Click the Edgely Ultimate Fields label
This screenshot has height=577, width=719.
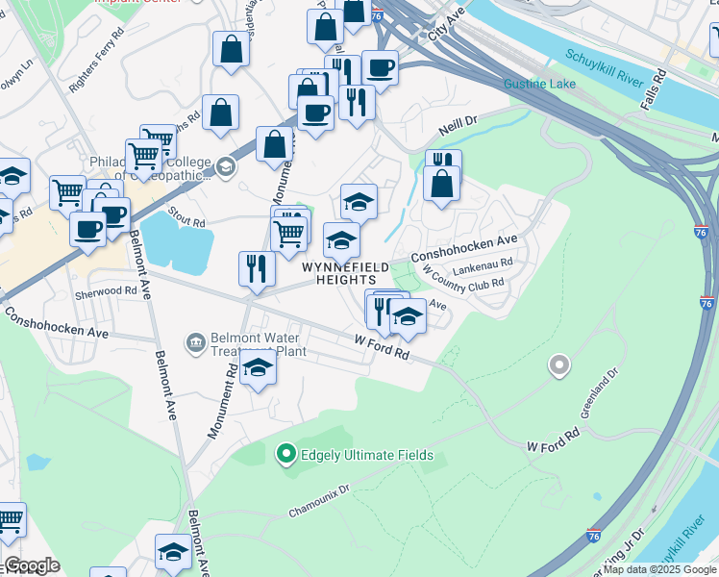pyautogui.click(x=367, y=455)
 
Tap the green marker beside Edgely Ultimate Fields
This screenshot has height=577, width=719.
pyautogui.click(x=285, y=454)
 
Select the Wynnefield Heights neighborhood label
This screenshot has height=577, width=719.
pyautogui.click(x=346, y=274)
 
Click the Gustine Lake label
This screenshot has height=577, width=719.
pyautogui.click(x=540, y=84)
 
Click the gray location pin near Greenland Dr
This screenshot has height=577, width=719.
pyautogui.click(x=558, y=365)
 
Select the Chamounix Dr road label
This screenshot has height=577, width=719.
pyautogui.click(x=319, y=502)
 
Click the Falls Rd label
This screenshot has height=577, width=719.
pyautogui.click(x=655, y=89)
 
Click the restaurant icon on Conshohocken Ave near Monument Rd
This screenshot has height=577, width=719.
pyautogui.click(x=257, y=268)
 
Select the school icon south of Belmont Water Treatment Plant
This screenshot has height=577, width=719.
pyautogui.click(x=258, y=368)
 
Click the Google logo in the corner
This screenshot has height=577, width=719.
pyautogui.click(x=32, y=565)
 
